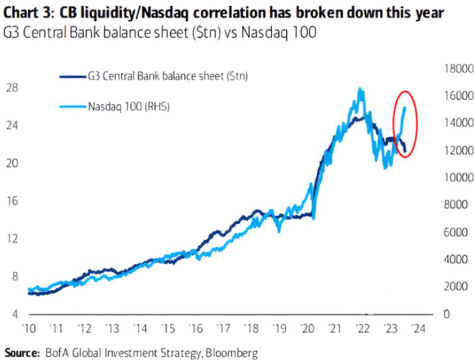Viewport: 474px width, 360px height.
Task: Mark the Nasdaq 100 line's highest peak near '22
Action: click(x=360, y=88)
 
